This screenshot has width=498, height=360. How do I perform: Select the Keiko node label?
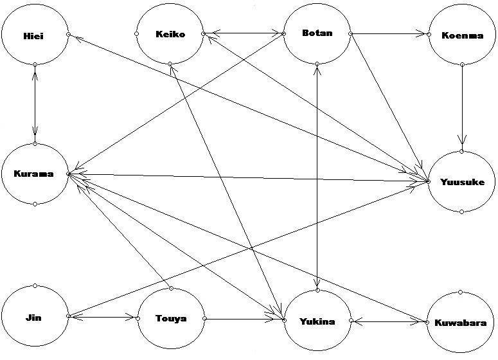(170, 34)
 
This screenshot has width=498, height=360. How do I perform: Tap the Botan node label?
(317, 33)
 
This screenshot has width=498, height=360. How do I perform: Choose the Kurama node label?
(33, 174)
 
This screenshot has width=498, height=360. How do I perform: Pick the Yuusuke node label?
(462, 182)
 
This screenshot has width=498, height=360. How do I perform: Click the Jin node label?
(35, 318)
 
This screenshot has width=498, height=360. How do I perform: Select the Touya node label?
(171, 318)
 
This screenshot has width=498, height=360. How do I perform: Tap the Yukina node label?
(317, 321)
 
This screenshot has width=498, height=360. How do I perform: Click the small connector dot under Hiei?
(35, 64)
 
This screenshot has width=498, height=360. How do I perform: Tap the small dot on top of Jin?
(35, 286)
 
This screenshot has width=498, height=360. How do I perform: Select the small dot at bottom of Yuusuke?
(462, 212)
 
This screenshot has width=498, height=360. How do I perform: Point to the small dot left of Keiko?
(138, 33)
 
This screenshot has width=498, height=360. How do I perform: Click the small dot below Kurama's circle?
(35, 204)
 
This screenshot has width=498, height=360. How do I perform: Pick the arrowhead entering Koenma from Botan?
(426, 34)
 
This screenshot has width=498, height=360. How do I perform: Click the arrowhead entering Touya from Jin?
(134, 317)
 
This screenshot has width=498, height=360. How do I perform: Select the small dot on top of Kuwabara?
(461, 292)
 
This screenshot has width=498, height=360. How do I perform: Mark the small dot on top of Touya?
(171, 288)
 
